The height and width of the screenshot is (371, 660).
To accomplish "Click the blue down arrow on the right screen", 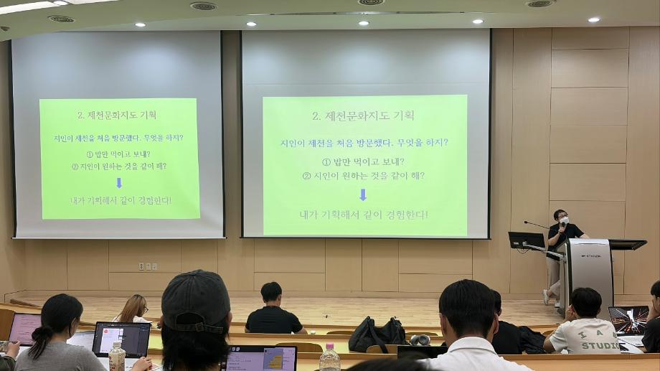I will coord(363,194).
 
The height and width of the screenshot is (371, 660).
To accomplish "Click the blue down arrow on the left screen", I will coord(119,183).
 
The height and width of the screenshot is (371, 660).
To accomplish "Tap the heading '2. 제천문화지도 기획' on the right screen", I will coord(363,116).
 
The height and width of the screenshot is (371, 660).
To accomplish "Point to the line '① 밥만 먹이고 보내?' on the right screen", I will coord(363,161).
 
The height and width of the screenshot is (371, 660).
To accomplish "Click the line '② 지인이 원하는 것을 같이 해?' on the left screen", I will coord(119,166).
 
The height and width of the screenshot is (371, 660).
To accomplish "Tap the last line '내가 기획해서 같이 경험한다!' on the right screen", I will coord(363,215).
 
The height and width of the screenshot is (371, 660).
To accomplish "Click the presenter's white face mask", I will coord(563,220).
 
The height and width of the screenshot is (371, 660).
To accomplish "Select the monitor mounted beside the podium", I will coord(526,240).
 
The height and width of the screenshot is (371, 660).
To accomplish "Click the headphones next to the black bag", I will coord(420,339).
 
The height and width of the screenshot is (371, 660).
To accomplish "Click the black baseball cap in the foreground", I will coord(195,299).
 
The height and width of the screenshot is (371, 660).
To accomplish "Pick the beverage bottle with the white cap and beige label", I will coord(117,357).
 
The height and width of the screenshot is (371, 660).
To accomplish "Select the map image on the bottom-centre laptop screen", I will coord(273,360).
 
